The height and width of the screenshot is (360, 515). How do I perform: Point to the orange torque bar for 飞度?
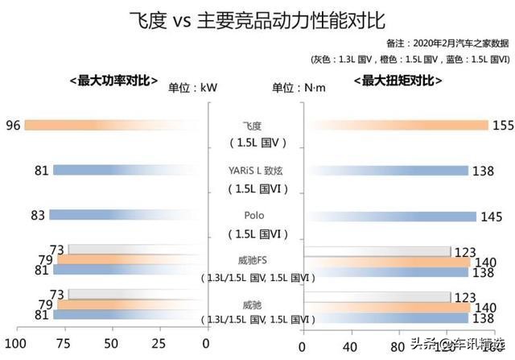point(399,125)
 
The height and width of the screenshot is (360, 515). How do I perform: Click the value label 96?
point(12,125)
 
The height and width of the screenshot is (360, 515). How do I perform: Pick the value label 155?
point(502,125)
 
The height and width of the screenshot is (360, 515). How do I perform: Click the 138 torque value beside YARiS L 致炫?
point(483,171)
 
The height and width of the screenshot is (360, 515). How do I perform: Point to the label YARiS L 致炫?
point(257,171)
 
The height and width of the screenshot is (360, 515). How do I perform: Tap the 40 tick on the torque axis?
point(349,346)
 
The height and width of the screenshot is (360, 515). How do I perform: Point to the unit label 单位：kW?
point(192,88)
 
